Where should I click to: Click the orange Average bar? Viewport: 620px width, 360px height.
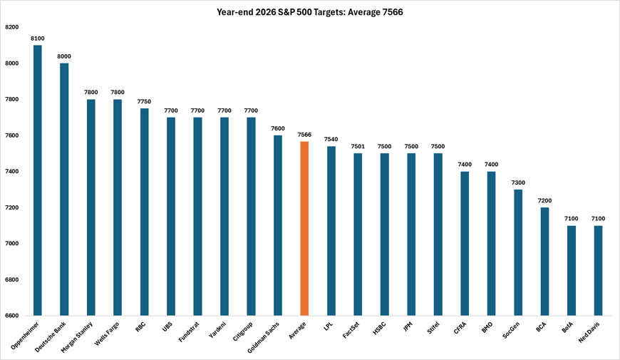tap(304, 228)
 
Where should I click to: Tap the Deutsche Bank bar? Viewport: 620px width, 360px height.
tap(64, 189)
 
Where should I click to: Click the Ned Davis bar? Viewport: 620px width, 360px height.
tap(598, 270)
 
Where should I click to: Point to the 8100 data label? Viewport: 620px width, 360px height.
tap(37, 38)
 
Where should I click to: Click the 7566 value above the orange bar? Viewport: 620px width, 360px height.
tap(304, 134)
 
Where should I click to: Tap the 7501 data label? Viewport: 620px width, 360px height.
tap(358, 146)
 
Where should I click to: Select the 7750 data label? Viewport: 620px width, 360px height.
tap(144, 101)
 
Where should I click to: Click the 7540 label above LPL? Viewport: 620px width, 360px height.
tap(331, 139)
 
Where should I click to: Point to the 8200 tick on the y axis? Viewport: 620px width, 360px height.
tap(11, 27)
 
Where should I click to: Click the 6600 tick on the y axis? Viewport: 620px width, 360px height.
tap(11, 315)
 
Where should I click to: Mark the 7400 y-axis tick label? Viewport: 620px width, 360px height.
tap(11, 171)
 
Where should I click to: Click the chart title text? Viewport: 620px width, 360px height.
tap(309, 11)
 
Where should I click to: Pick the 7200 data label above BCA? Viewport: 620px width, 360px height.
tap(544, 200)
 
